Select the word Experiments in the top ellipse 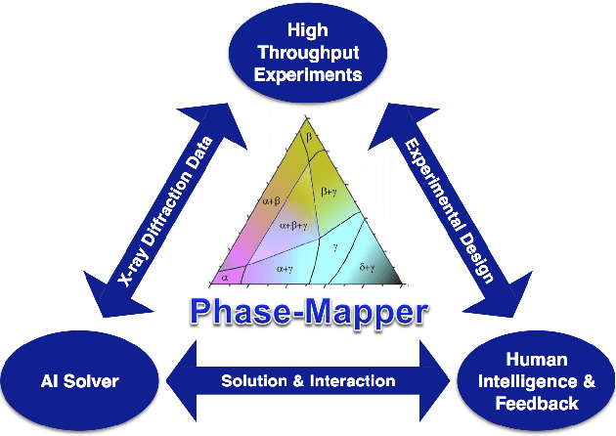coord(307,74)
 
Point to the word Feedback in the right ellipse coord(535,401)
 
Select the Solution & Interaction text coord(307,380)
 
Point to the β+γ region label coord(333,195)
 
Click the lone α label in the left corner coord(225,278)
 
